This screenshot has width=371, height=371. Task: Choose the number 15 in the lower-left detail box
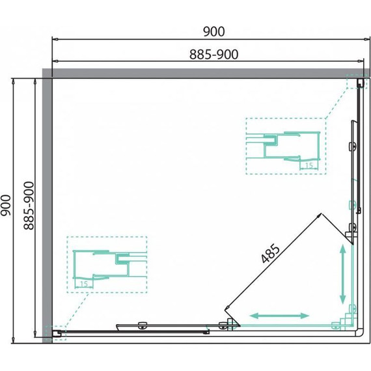(83, 284)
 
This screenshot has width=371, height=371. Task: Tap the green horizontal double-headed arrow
(280, 315)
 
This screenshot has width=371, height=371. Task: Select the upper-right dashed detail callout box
(284, 146)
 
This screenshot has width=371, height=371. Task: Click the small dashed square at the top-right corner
(358, 83)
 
